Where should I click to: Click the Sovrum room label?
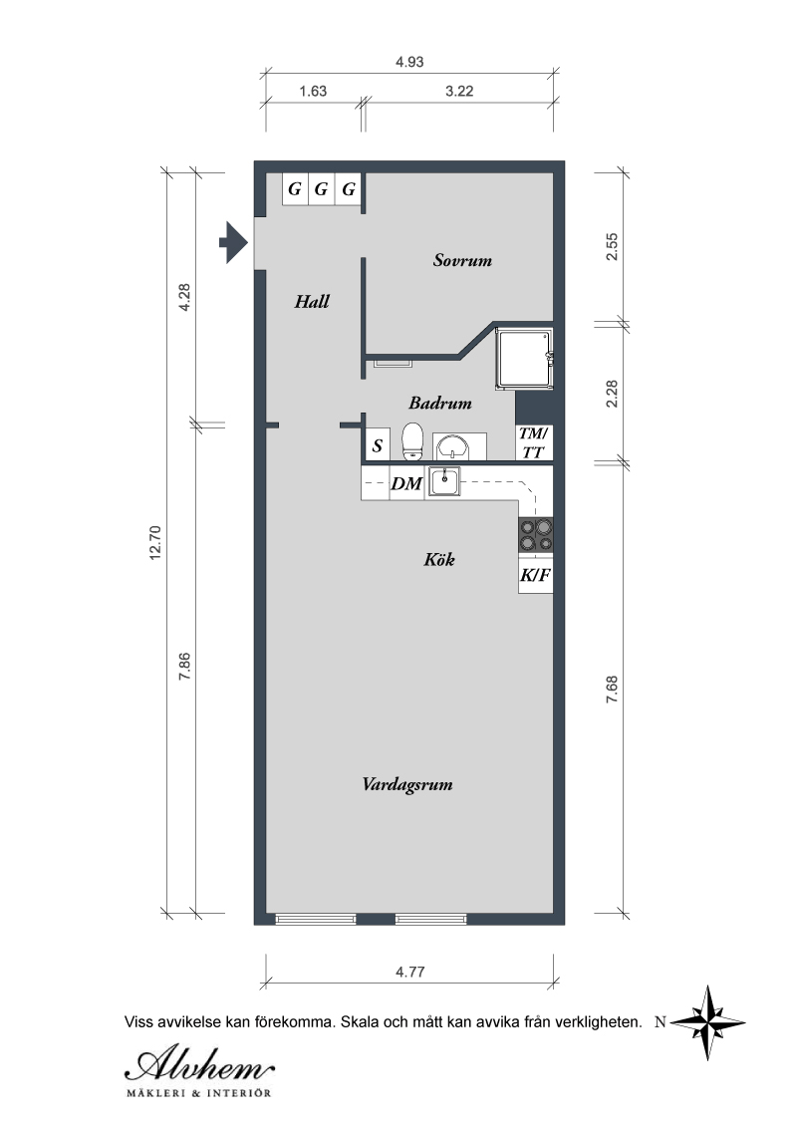pos(462,260)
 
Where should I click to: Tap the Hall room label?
pos(312,301)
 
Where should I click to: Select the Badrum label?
pos(440,403)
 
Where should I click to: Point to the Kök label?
pos(439,559)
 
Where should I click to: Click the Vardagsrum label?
pos(407,784)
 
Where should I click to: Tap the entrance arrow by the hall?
pos(233,242)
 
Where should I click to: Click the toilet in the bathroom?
pos(412,441)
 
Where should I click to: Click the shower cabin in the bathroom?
pos(524,360)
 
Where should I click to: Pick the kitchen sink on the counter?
pos(444,481)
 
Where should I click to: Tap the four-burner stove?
pos(536,535)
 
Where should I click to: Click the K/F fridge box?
pos(536,576)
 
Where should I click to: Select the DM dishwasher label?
pos(406,484)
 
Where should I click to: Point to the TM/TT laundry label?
pos(534,442)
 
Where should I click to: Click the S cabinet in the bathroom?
pos(378,444)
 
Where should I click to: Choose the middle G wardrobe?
pos(322,189)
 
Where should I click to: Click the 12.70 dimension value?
pos(156,543)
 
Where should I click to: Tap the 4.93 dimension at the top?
pos(409,62)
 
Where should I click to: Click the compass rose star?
pos(707,1022)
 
